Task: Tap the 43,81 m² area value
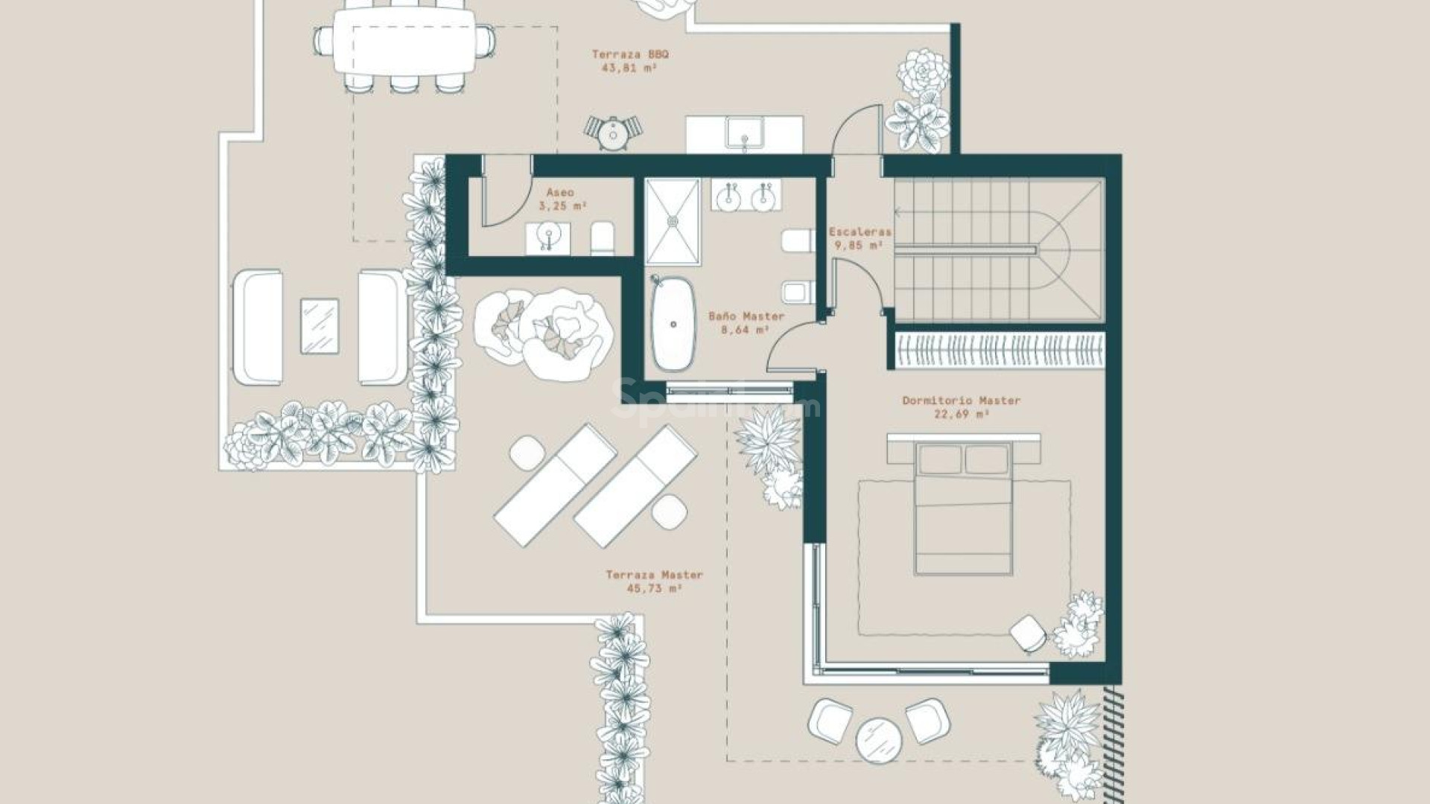(629, 68)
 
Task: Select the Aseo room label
(560, 193)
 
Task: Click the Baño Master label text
(746, 316)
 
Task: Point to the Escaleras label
(860, 232)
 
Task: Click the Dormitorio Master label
(961, 401)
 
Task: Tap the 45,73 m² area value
(654, 588)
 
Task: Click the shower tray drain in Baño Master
(673, 220)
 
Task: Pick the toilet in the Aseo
(603, 238)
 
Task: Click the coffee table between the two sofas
(320, 326)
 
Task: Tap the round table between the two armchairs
(879, 740)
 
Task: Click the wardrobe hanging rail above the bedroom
(998, 350)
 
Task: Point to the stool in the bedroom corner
(1028, 633)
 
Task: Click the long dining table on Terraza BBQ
(403, 41)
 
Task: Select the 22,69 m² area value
(961, 414)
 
